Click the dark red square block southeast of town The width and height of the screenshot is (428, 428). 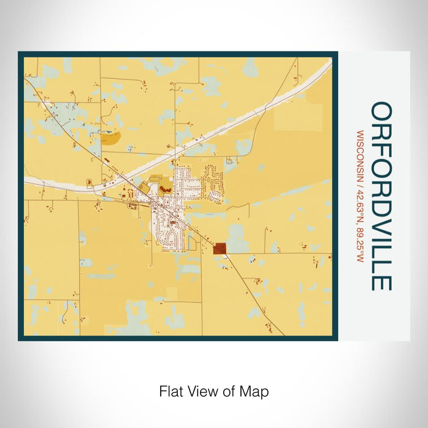(x=220, y=248)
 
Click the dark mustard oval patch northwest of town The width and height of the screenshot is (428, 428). (x=111, y=138)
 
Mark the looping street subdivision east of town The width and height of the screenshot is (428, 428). (x=214, y=180)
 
